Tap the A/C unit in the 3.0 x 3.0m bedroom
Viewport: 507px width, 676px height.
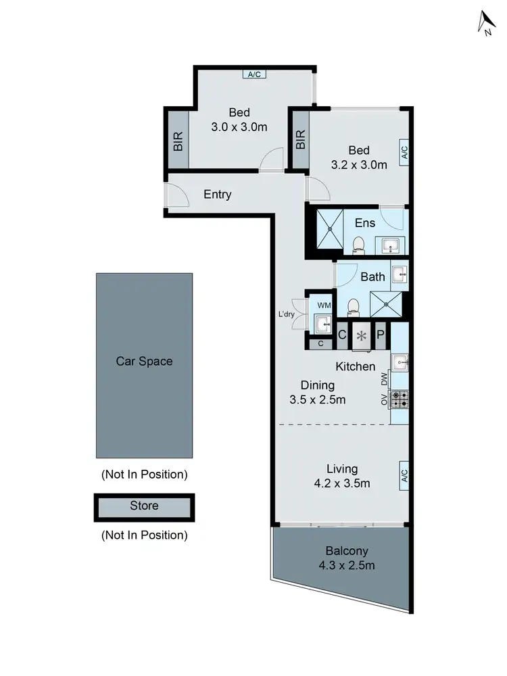[x=254, y=74]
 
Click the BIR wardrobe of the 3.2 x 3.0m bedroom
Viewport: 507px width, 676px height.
[x=300, y=139]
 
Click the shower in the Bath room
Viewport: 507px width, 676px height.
[x=388, y=304]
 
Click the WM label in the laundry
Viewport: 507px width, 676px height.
[x=324, y=306]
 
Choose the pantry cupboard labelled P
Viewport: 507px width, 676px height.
[x=381, y=334]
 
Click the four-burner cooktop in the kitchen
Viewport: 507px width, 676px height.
[x=399, y=400]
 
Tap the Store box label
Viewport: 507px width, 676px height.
[x=144, y=506]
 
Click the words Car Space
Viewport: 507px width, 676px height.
[x=144, y=361]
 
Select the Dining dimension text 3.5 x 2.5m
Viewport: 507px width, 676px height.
[x=317, y=400]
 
